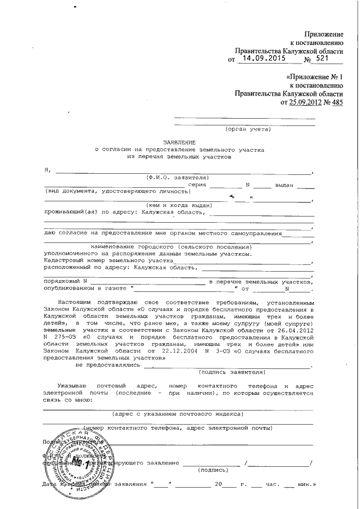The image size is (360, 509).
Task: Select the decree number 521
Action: pos(324,58)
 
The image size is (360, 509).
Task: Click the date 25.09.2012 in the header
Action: pos(305,103)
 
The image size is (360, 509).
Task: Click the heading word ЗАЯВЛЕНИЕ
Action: pos(179,143)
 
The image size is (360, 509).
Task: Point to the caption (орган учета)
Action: pos(247,129)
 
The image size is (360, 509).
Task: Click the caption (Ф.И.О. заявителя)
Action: pos(178,177)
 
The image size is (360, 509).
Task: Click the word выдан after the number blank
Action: pos(286,184)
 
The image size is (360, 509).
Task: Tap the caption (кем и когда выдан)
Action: pos(178,206)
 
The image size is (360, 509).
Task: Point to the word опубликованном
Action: pos(69,288)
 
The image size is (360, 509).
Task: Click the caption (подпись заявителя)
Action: pos(231,372)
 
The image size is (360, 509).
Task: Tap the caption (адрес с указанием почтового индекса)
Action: pos(178,414)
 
